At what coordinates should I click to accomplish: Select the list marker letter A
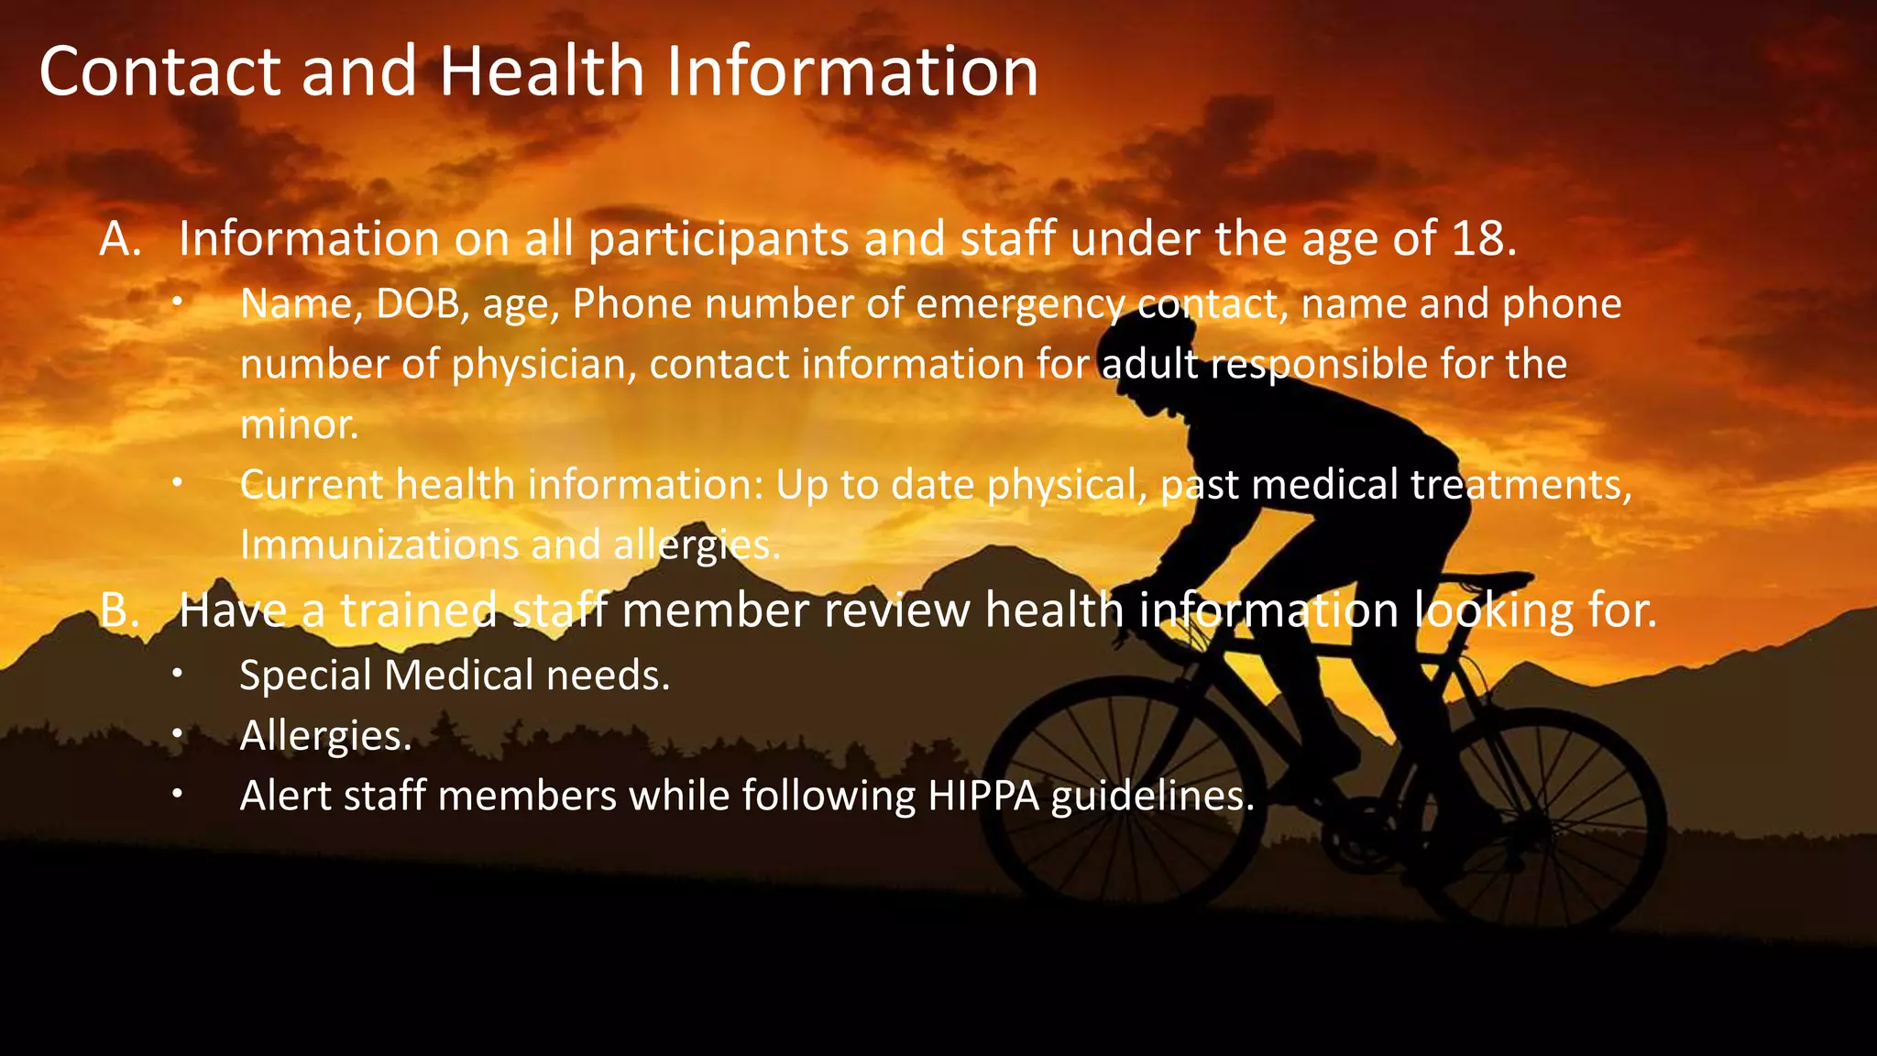click(119, 239)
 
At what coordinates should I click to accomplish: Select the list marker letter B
click(118, 610)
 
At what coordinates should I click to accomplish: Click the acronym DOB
click(418, 304)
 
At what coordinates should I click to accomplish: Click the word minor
click(298, 424)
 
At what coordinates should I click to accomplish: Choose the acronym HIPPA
click(983, 796)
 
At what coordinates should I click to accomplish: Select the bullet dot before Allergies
click(178, 734)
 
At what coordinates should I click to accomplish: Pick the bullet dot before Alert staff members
click(178, 795)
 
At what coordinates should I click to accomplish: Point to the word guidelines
click(1152, 796)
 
